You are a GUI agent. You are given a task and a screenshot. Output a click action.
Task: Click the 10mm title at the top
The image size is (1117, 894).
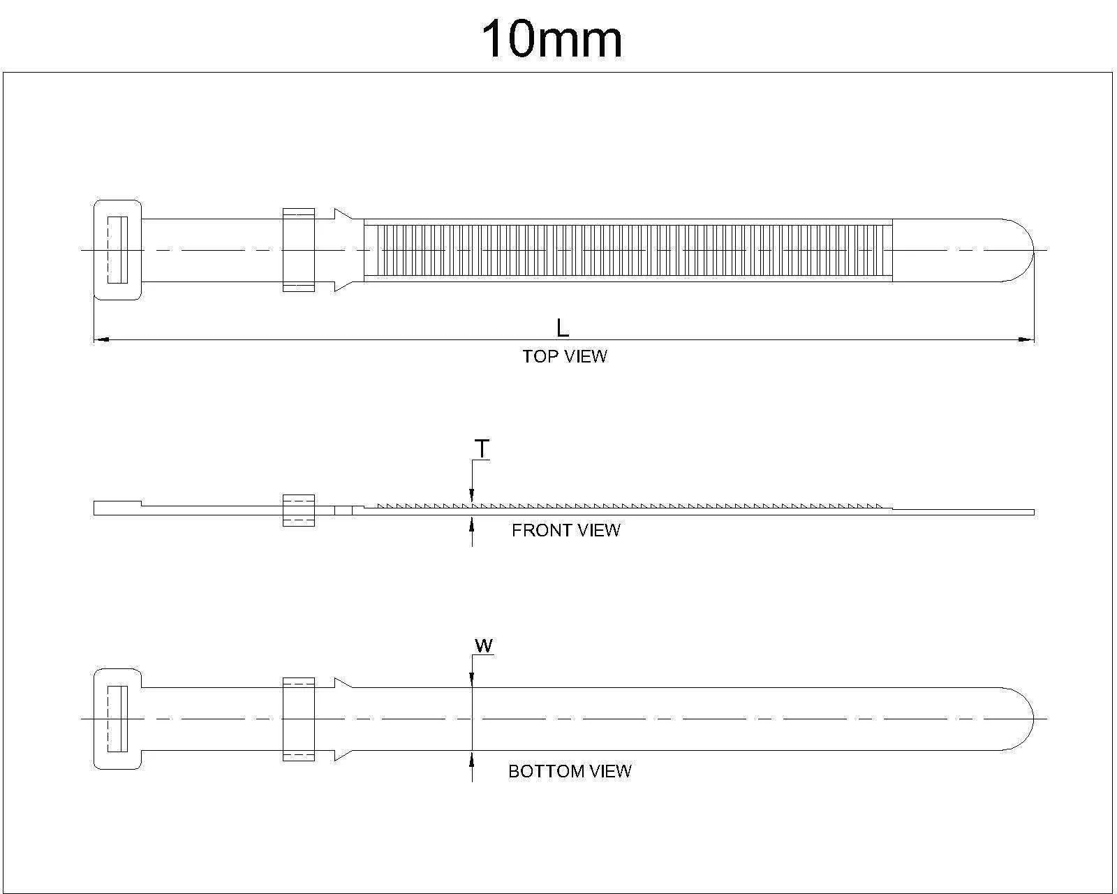[552, 40]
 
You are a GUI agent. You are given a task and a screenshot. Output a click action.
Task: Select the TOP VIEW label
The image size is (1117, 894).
[565, 356]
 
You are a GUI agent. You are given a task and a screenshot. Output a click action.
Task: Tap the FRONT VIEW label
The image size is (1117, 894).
[565, 530]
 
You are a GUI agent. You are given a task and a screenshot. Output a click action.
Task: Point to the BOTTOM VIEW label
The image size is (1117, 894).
[570, 771]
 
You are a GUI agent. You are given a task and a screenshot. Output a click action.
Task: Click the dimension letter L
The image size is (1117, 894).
[562, 328]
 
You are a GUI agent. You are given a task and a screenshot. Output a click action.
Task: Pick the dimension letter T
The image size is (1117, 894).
[482, 449]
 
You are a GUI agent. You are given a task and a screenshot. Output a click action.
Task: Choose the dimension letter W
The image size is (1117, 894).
[484, 646]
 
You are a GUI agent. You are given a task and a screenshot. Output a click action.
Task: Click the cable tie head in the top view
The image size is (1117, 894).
[117, 250]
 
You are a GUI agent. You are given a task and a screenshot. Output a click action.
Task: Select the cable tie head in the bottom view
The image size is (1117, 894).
[117, 719]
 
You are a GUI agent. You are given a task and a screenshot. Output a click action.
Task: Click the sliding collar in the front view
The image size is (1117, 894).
[298, 510]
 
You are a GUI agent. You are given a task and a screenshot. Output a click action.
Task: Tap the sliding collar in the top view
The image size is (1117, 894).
[298, 250]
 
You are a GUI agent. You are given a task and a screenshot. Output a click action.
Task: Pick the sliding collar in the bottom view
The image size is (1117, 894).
[298, 719]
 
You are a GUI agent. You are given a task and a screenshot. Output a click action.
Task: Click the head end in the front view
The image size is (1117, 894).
[117, 508]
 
